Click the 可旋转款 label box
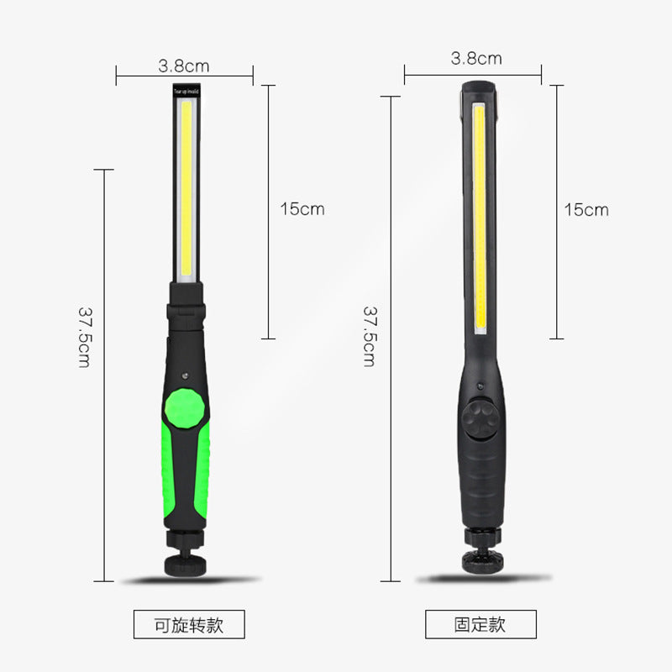(x=189, y=624)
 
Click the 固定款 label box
(x=480, y=624)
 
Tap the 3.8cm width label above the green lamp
(x=183, y=65)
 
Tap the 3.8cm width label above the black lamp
(x=475, y=58)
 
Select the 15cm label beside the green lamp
(x=302, y=209)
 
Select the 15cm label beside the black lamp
(x=585, y=209)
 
